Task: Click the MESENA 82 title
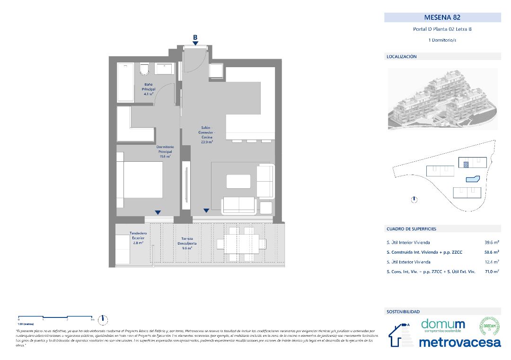[442, 18]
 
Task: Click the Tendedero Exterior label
[139, 238]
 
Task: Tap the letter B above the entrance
[195, 37]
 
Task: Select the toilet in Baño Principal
[145, 69]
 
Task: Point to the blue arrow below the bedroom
[158, 212]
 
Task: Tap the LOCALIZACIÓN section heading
[402, 56]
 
